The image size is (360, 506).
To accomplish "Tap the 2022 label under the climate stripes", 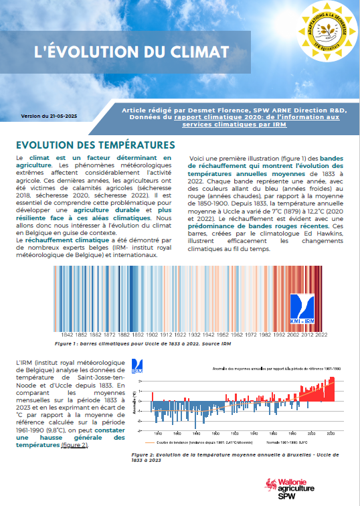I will [321, 334].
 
